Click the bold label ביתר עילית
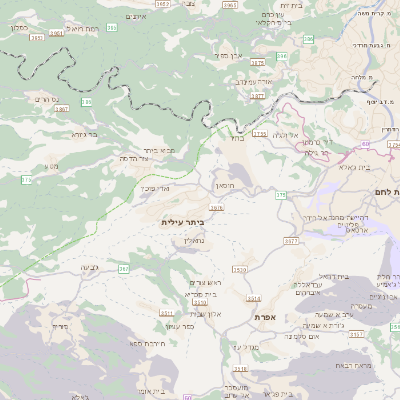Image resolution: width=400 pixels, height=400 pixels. tap(181, 222)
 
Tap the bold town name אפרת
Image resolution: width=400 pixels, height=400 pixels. tap(265, 317)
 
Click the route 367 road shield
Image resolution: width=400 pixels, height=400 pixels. tap(124, 269)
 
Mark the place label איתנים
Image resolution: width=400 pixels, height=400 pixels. tap(137, 16)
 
